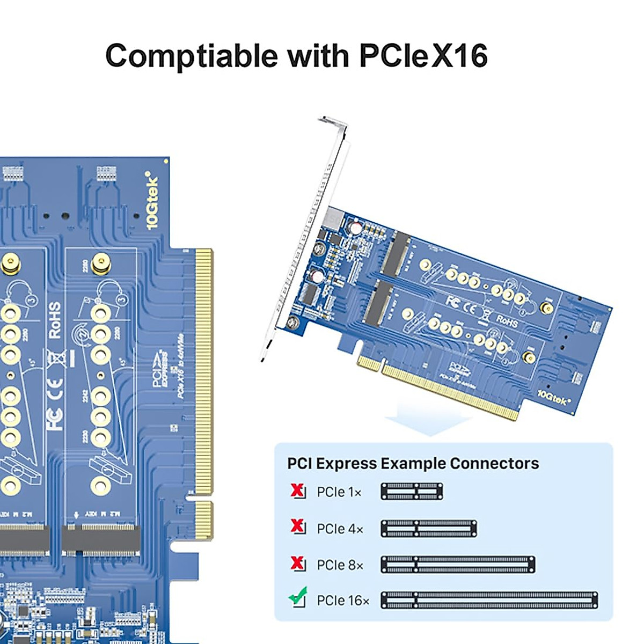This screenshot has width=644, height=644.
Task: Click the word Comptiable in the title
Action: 193,55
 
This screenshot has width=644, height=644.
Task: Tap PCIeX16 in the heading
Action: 423,55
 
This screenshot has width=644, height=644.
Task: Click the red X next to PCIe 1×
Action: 297,491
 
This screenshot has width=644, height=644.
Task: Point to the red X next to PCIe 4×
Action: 297,526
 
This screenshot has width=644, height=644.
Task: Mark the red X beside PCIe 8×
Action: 297,563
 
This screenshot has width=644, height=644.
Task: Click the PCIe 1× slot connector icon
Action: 412,492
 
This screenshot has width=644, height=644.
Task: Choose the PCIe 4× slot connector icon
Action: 429,529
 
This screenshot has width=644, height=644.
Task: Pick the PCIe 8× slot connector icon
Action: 458,565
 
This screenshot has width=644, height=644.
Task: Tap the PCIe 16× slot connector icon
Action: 489,600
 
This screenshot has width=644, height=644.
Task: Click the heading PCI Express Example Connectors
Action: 413,464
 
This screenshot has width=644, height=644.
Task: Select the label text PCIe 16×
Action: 343,601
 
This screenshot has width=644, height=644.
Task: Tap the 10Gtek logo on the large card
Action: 152,201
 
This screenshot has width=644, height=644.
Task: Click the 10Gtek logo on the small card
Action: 554,398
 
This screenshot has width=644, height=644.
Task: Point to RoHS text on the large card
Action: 55,320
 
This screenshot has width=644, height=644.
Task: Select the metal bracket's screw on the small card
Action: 293,323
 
